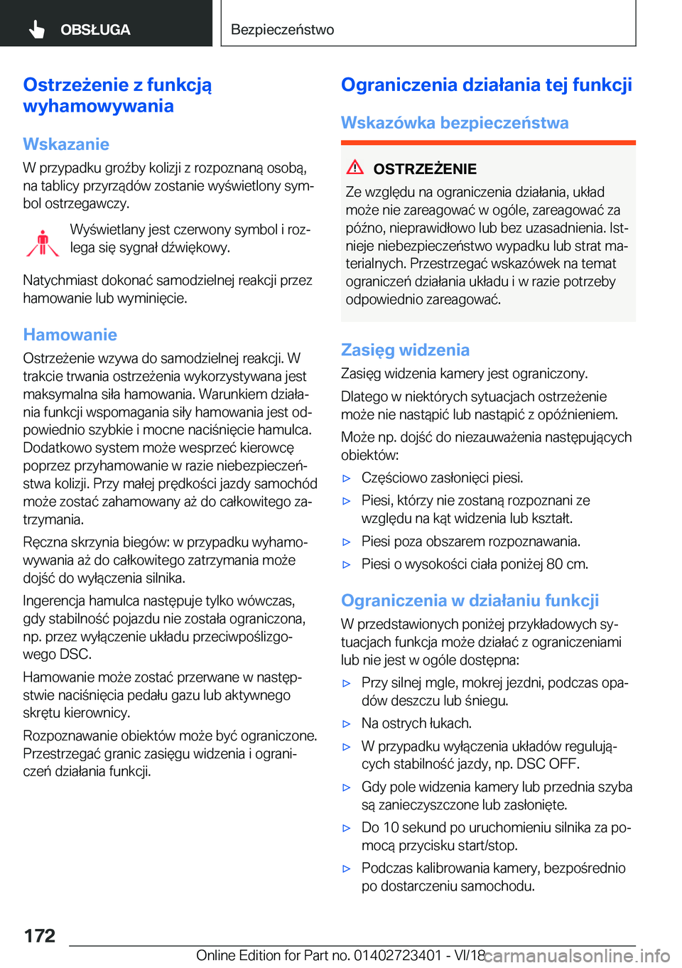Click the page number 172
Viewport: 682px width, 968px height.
(x=40, y=935)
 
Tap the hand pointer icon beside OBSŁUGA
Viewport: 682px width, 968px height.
(x=37, y=29)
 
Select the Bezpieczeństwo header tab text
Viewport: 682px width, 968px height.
(x=282, y=30)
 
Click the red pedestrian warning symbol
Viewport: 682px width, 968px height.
(x=43, y=242)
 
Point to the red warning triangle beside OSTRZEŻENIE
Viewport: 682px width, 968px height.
(x=355, y=168)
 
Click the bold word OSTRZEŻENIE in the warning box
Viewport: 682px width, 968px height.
(x=425, y=169)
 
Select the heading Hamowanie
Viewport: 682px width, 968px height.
(x=70, y=335)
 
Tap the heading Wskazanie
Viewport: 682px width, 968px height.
(x=66, y=144)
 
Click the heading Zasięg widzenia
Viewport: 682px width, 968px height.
(x=405, y=350)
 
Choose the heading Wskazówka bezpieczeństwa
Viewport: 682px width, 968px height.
(x=455, y=123)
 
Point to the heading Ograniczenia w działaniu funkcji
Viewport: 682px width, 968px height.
(x=470, y=601)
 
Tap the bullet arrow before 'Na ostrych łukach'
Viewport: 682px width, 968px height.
(x=347, y=724)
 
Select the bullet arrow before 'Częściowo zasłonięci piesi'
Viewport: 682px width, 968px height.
(x=347, y=478)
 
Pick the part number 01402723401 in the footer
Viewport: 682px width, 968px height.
(x=397, y=955)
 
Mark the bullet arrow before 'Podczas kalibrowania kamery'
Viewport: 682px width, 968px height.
(x=347, y=868)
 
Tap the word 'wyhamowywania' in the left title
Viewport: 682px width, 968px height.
(x=98, y=107)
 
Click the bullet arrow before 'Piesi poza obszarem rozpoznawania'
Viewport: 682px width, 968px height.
(x=347, y=542)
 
